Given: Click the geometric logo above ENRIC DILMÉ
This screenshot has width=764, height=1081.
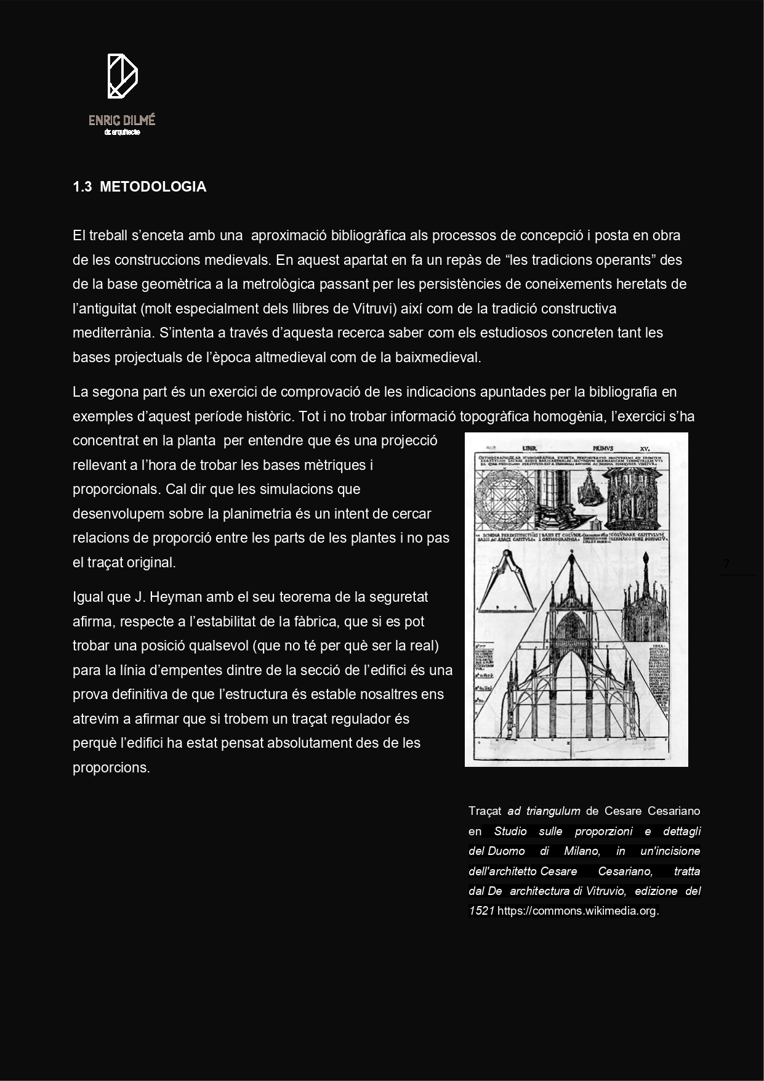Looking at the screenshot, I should point(123,76).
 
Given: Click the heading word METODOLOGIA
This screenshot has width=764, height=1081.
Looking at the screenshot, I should point(153,187).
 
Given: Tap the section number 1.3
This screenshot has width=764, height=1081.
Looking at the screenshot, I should point(82,187).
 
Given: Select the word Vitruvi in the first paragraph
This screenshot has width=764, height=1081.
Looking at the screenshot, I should point(373,309).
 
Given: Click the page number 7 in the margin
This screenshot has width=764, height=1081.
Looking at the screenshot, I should point(726,564).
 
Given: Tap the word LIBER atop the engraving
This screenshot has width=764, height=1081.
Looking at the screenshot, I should point(530,448).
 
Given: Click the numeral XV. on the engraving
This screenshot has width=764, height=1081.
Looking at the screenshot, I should point(645,448).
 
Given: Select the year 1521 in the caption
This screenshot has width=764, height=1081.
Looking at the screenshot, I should point(481,911).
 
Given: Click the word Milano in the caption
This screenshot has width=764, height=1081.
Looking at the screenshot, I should point(582,851).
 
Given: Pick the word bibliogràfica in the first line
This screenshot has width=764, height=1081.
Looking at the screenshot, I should point(368,236).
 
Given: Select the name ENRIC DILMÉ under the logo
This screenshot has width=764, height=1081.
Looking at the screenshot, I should point(122,120).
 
